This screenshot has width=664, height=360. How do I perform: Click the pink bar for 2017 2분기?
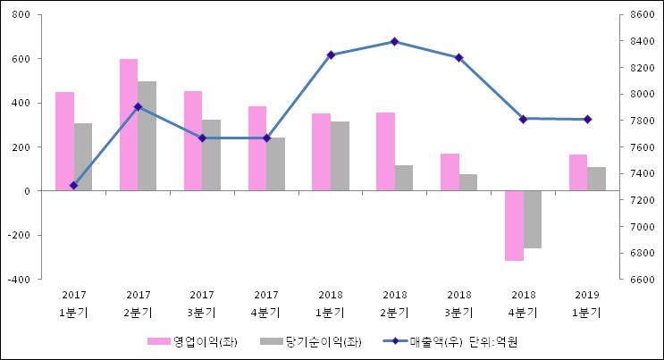(129, 125)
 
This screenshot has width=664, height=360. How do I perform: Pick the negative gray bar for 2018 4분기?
(533, 219)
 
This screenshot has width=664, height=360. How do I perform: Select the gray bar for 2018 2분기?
(404, 178)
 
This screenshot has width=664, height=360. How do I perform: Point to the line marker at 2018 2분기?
(394, 41)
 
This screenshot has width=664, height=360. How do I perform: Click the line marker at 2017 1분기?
(73, 186)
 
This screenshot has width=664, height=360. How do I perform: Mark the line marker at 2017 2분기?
(138, 107)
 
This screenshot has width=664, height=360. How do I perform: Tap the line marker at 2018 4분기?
(523, 119)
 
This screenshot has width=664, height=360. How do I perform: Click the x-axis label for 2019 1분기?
(586, 304)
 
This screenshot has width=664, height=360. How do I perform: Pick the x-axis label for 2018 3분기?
(458, 304)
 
